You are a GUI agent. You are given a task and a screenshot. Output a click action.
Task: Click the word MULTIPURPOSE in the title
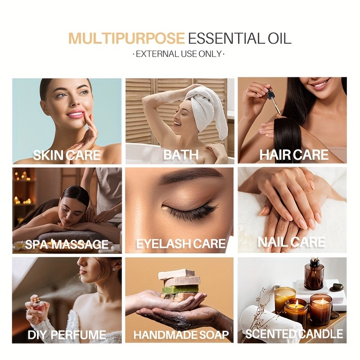click(126, 38)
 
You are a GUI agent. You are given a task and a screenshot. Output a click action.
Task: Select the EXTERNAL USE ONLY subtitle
click(179, 54)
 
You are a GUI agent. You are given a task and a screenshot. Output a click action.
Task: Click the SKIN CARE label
click(67, 155)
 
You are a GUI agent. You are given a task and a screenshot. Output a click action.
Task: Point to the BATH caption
click(181, 155)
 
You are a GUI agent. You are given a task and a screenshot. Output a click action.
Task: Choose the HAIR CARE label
click(294, 155)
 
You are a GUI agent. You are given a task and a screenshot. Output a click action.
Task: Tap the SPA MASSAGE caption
click(67, 244)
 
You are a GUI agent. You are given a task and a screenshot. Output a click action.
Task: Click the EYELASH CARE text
click(181, 243)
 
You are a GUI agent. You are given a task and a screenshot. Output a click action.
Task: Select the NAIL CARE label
click(292, 242)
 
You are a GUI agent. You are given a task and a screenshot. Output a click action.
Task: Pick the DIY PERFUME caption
click(67, 335)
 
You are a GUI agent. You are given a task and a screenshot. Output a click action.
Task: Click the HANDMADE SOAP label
click(181, 335)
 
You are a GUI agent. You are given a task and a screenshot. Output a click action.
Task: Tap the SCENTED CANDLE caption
click(294, 334)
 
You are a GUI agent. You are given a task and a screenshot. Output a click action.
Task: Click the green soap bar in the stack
click(180, 289)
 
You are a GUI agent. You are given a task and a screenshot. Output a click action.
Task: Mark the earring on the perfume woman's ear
click(114, 269)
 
